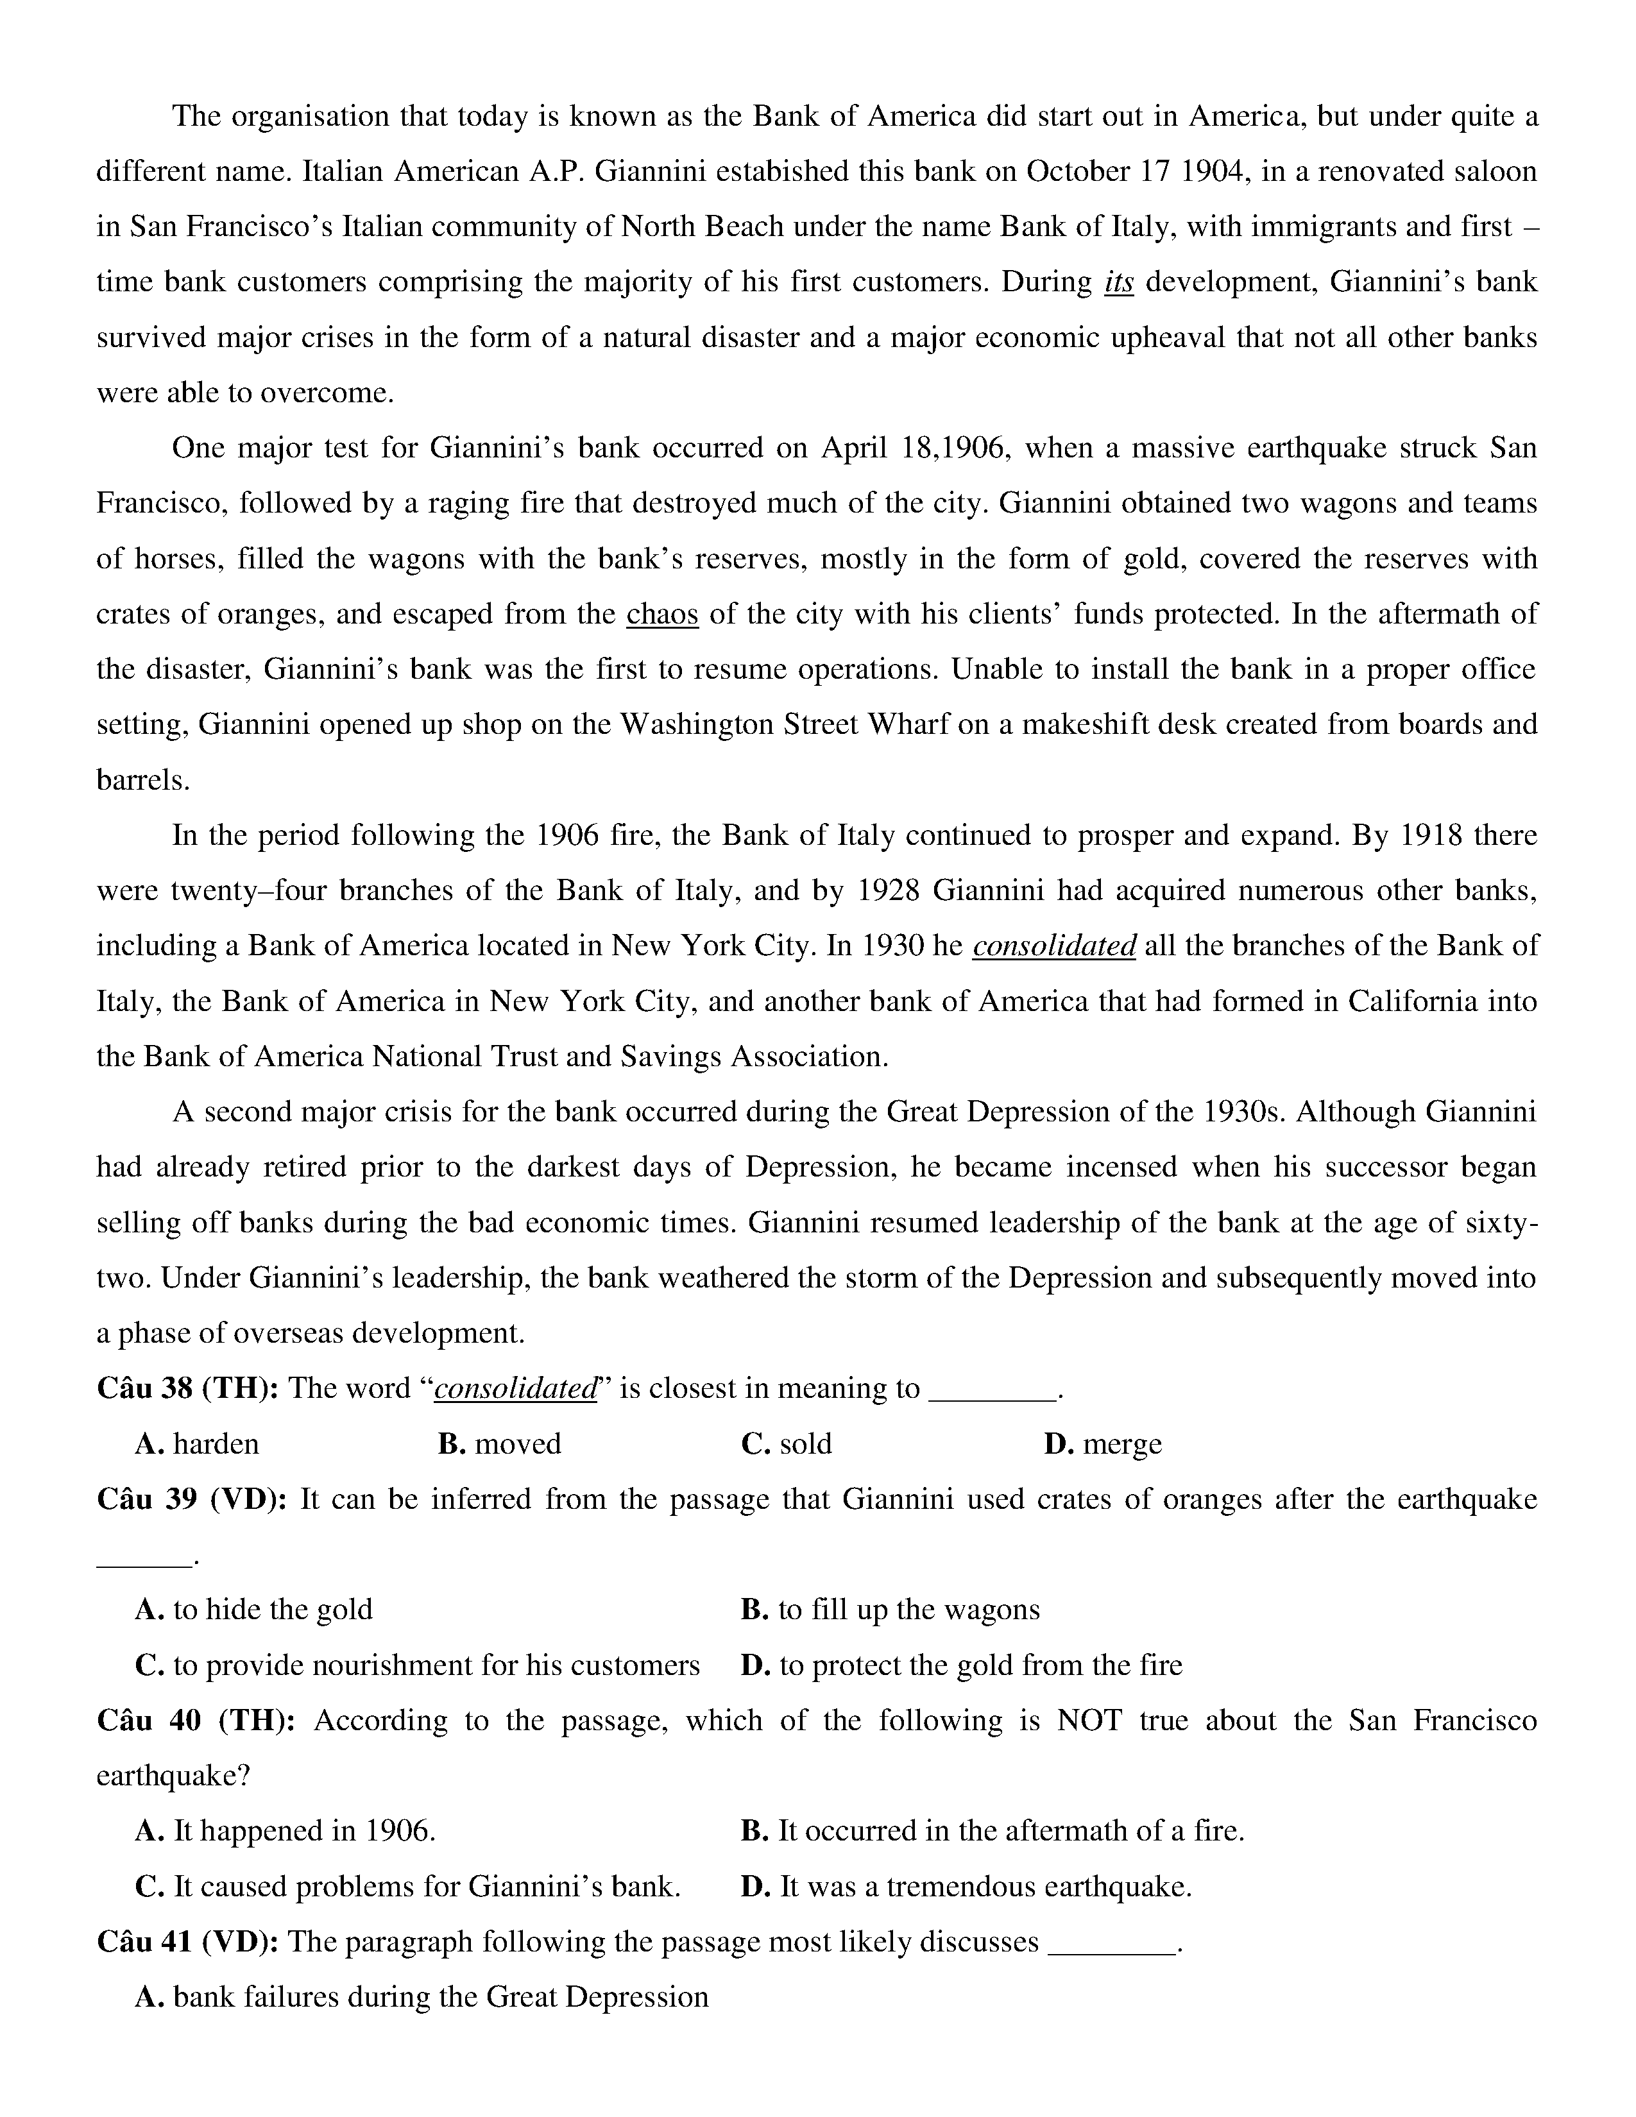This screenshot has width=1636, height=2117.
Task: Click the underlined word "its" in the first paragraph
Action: (x=1118, y=283)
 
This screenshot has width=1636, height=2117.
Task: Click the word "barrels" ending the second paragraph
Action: (x=142, y=780)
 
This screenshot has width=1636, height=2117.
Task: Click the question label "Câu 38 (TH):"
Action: (x=188, y=1389)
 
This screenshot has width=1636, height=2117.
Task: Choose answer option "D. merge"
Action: (x=1102, y=1444)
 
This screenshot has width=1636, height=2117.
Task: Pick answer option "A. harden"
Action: (x=197, y=1444)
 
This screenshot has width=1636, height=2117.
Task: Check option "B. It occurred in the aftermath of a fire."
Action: (x=991, y=1831)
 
